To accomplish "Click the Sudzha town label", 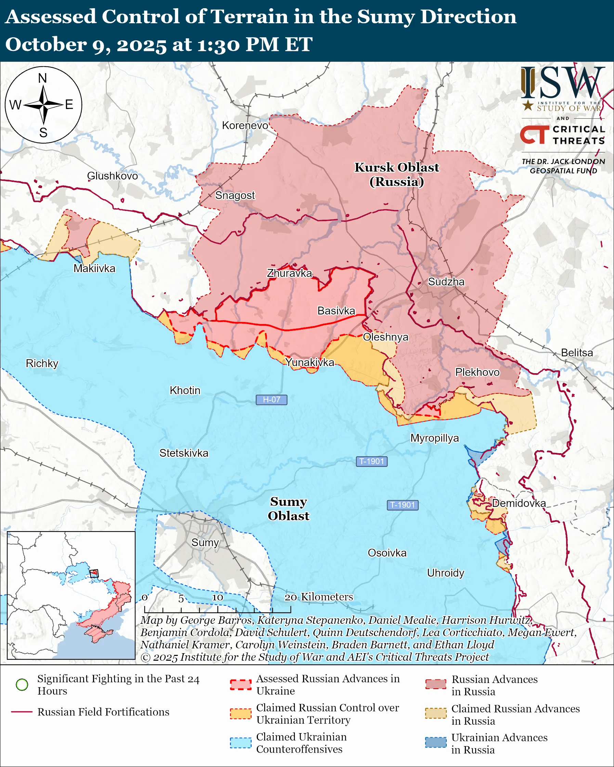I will point(446,282).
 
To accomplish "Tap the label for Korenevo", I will point(245,125).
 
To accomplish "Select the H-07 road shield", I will point(271,400).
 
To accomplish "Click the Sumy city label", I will point(205,542).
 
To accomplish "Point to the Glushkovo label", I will point(113,176).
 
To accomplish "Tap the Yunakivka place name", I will point(310,362).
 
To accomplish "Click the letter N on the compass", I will point(43,78).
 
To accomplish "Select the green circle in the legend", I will point(22,685).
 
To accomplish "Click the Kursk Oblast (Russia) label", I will point(396,174).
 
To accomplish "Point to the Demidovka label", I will point(519,503).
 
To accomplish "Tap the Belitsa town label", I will point(577,352).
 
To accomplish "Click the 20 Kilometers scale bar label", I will point(319,597).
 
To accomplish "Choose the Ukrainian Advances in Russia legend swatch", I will point(436,743).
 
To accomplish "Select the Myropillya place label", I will point(435,438).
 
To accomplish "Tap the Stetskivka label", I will point(184,453).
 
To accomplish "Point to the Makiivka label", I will point(94,268).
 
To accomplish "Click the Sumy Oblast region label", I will point(288,509).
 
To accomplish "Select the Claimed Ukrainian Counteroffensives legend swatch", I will point(240,743).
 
